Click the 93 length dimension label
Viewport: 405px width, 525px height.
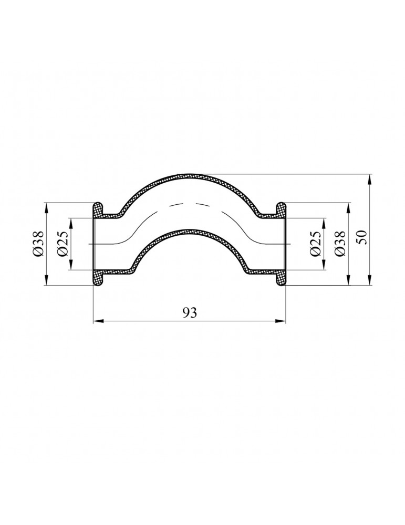point(190,312)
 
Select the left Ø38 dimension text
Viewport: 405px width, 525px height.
point(38,244)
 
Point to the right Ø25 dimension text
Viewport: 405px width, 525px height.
point(315,244)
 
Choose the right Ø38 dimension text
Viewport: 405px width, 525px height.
point(339,244)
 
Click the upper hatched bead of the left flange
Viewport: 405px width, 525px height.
point(98,209)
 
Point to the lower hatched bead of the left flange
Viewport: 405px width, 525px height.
point(98,278)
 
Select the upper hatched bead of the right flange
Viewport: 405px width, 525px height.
point(281,209)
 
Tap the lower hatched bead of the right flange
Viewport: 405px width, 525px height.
point(281,278)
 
